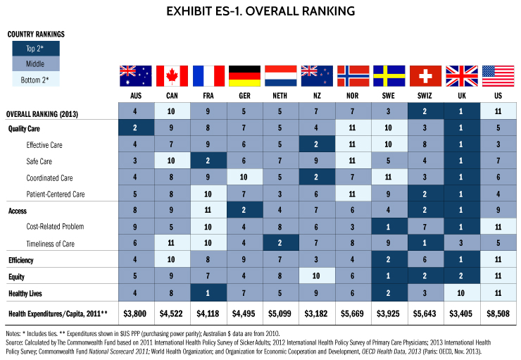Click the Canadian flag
pyautogui.click(x=172, y=75)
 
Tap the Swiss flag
pyautogui.click(x=425, y=75)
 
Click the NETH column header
pyautogui.click(x=280, y=94)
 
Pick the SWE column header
pyautogui.click(x=389, y=94)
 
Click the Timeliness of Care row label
pyautogui.click(x=52, y=242)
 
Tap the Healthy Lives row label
pyautogui.click(x=26, y=292)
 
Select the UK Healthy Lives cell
pyautogui.click(x=461, y=292)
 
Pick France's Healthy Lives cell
pyautogui.click(x=208, y=292)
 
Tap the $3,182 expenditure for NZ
pyautogui.click(x=316, y=312)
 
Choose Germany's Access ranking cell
pyautogui.click(x=244, y=210)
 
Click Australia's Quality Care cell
pyautogui.click(x=136, y=129)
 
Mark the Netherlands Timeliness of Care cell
pyautogui.click(x=280, y=242)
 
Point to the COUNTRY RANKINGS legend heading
pyautogui.click(x=36, y=33)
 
